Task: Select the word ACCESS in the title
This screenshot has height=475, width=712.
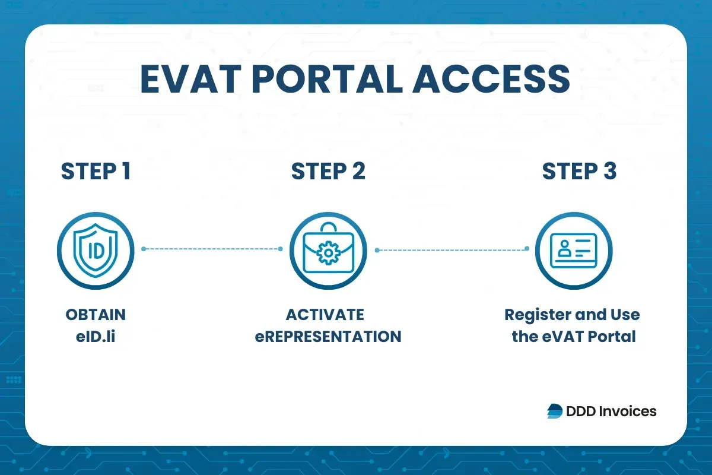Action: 496,80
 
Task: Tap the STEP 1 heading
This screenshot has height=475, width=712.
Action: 96,172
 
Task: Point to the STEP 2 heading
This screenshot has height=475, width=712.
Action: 328,172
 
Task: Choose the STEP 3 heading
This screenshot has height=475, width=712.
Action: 579,172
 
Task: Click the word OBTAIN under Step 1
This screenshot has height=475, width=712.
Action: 96,314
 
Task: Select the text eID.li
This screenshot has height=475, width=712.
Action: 96,337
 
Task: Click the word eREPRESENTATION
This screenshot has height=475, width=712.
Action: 328,337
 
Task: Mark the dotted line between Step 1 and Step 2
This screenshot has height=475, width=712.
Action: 212,249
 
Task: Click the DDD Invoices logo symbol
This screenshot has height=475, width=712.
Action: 555,411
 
